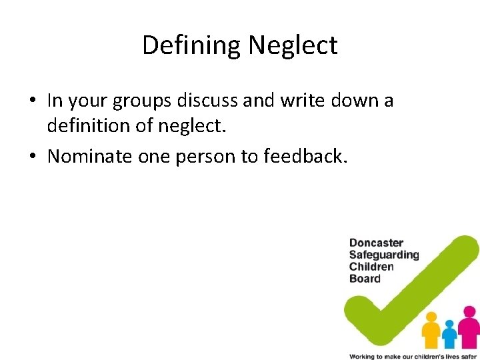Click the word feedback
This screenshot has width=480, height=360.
click(x=306, y=156)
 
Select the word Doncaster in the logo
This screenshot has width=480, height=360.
click(x=376, y=243)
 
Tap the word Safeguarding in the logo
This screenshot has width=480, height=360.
click(x=384, y=255)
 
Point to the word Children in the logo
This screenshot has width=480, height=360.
click(x=371, y=267)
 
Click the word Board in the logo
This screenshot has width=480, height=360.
click(x=365, y=279)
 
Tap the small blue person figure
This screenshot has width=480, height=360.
click(x=450, y=333)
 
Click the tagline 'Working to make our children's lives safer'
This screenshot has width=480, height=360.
click(x=413, y=356)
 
